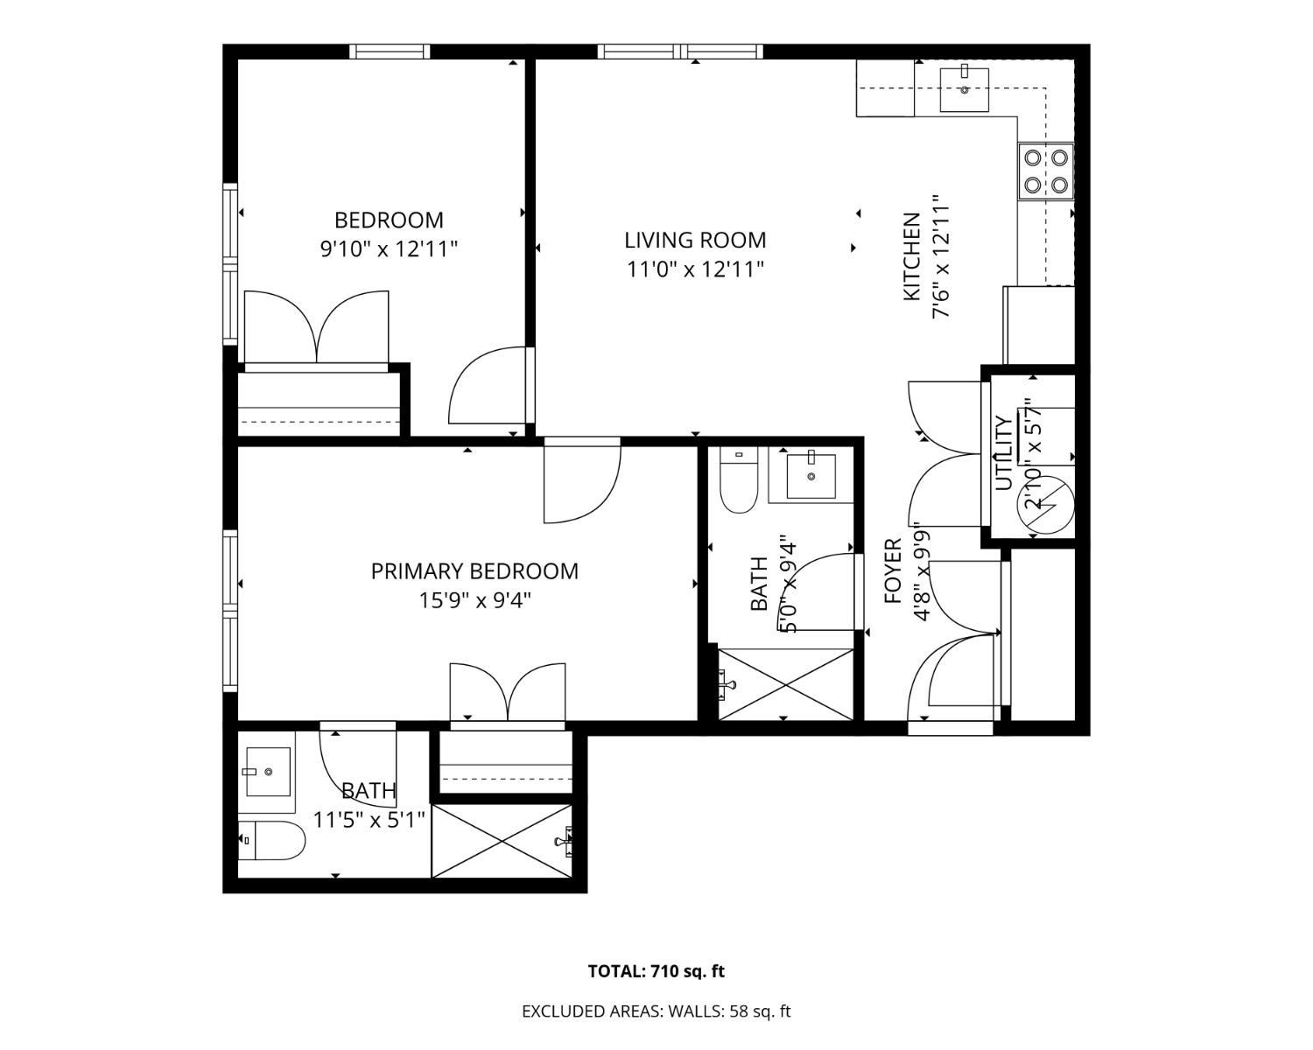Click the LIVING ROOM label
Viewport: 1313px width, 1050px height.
(x=695, y=241)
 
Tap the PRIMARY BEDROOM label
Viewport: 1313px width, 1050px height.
(x=474, y=571)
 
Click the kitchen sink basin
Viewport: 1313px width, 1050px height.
(x=964, y=90)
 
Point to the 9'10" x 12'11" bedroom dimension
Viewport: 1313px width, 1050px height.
(x=390, y=248)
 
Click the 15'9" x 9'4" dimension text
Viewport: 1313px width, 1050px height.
(x=474, y=601)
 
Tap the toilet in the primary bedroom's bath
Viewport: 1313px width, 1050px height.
(x=270, y=840)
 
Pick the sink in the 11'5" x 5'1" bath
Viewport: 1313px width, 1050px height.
(x=268, y=772)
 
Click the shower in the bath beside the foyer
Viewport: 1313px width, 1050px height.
(x=786, y=684)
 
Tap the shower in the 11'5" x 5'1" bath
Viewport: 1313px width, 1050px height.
(x=502, y=842)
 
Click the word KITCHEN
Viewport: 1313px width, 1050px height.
(x=911, y=257)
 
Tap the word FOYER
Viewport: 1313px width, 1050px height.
(x=893, y=571)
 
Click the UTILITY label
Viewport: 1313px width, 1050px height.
(x=1004, y=453)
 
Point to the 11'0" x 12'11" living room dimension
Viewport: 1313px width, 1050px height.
(x=695, y=269)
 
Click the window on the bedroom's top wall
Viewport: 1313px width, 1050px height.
(x=390, y=52)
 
